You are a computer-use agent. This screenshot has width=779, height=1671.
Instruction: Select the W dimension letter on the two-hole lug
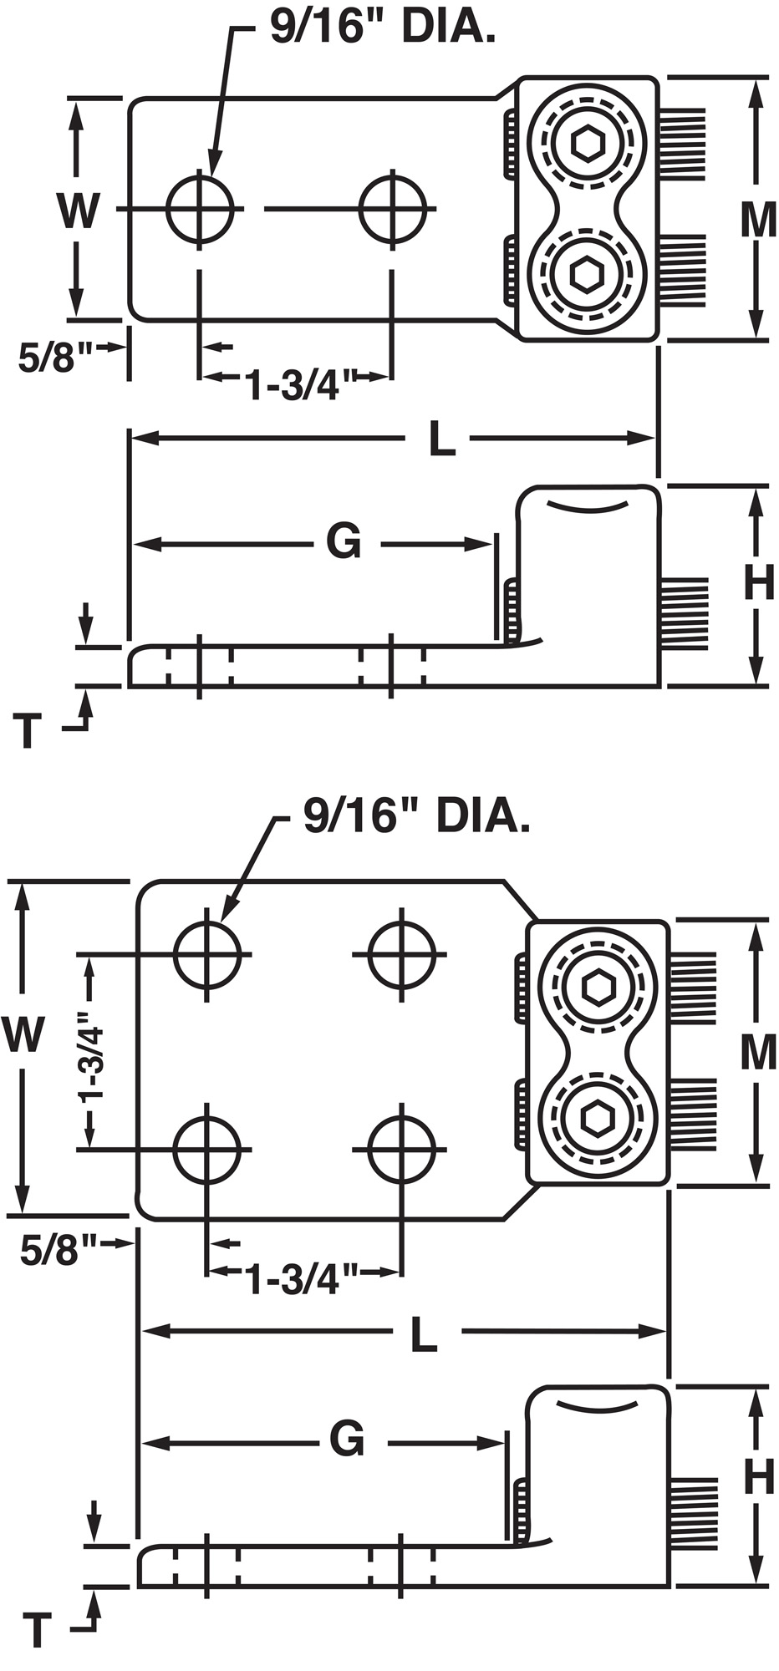tap(78, 211)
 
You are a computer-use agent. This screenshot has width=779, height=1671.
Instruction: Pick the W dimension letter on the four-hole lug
tap(23, 1035)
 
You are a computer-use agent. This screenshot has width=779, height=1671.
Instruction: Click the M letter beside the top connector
tap(758, 220)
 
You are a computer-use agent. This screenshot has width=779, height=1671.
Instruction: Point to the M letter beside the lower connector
tap(758, 1053)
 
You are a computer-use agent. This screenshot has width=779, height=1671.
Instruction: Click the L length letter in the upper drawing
tap(441, 439)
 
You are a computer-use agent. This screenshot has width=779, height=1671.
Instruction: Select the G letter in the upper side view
tap(344, 542)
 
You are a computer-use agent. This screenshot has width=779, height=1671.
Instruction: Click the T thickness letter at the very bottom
tap(36, 1630)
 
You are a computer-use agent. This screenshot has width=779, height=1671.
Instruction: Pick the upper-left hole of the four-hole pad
tap(207, 953)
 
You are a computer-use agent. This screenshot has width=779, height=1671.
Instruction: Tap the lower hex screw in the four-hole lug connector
tap(597, 1117)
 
